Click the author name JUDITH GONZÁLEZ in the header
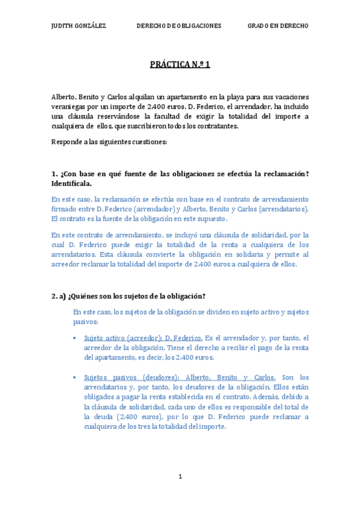coord(79,26)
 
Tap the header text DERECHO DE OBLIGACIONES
coord(179,26)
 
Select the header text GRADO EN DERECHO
coord(278,26)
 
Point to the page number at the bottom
coord(180,477)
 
